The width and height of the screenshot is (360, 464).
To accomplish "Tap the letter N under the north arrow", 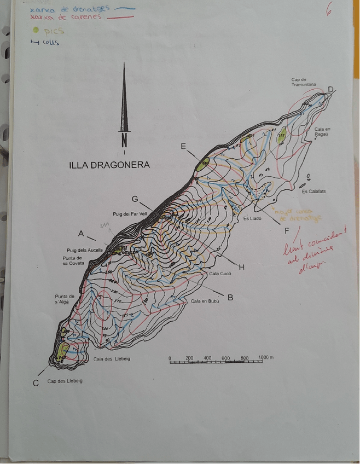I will tap(125, 140).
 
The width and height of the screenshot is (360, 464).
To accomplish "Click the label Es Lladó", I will tap(252, 218).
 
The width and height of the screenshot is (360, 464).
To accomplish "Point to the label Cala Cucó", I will tap(220, 273).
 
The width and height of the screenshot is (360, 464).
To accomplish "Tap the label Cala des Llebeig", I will tap(114, 359).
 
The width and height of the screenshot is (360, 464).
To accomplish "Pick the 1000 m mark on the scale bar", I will tap(266, 357).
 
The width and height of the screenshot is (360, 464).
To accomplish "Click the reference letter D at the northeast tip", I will tap(330, 90).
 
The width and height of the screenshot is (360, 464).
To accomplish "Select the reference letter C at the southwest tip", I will tap(36, 382).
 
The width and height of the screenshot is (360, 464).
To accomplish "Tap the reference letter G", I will tap(135, 199).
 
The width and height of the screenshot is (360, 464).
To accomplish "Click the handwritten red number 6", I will tap(329, 10).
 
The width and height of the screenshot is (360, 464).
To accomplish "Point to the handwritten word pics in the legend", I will tap(54, 32).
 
